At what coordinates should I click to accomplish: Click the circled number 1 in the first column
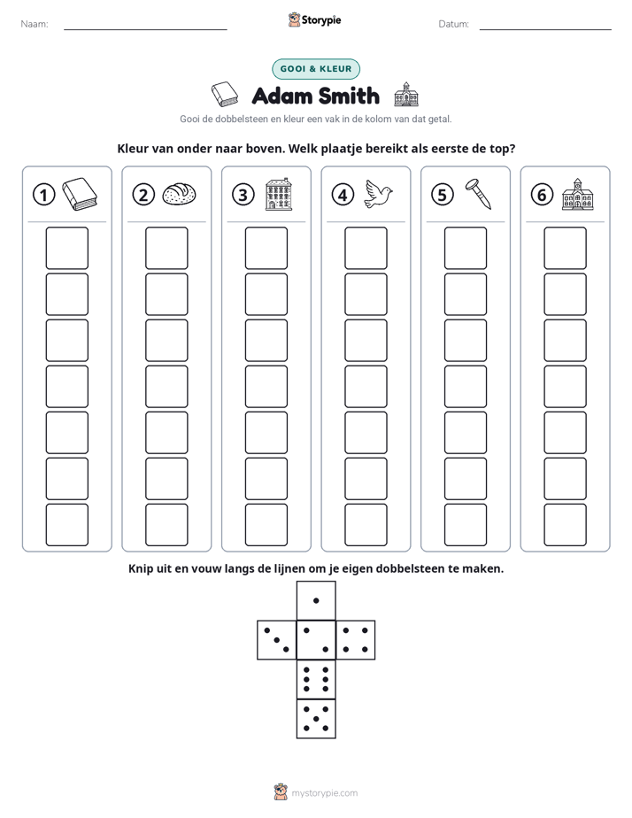coord(43,195)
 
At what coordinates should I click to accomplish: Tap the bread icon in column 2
coord(180,194)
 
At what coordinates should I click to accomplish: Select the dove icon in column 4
coord(378,194)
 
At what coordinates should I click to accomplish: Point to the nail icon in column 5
coord(479,194)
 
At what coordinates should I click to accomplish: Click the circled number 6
coord(542,195)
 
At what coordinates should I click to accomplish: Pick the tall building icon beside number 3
coord(279,194)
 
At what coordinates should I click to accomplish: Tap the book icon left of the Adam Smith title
coord(225,95)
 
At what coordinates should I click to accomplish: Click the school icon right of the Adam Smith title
coord(406,95)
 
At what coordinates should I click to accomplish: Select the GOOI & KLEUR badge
coord(316,69)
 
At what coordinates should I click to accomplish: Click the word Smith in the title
coord(349,96)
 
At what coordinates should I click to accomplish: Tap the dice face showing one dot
coord(316,600)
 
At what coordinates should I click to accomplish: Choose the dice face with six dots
coord(316,679)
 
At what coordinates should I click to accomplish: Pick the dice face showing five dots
coord(316,718)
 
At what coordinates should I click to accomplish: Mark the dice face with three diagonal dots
coord(277,639)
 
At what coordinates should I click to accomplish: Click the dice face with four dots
coord(356,639)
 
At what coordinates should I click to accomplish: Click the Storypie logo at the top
coord(315,20)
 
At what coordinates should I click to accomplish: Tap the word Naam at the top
coord(35,24)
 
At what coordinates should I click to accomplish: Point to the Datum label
coord(454,24)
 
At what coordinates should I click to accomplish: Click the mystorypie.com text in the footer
coord(324,793)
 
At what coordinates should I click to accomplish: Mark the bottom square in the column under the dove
coord(366,525)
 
